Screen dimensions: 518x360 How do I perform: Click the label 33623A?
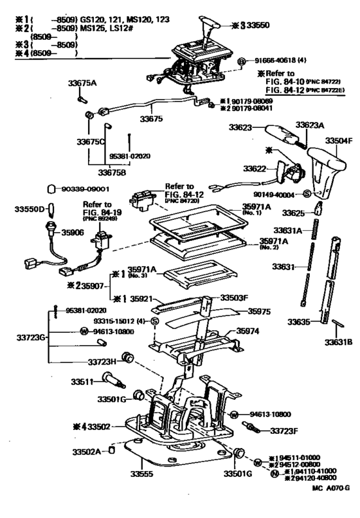coord(309,125)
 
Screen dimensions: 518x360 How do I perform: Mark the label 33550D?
coord(32,210)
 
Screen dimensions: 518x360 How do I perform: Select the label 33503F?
coord(235,298)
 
